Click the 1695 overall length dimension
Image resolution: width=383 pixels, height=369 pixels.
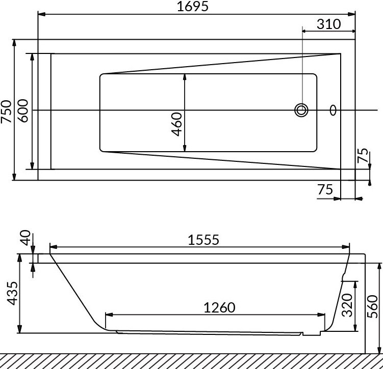tap(192, 7)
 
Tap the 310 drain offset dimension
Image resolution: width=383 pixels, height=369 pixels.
tap(328, 24)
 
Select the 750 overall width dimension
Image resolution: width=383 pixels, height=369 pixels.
tap(6, 111)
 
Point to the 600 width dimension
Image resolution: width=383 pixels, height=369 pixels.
tap(23, 110)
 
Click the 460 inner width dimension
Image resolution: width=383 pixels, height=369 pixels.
tap(176, 124)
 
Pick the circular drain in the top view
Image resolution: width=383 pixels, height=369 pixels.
tap(301, 110)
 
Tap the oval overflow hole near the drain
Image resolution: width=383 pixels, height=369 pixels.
tap(333, 110)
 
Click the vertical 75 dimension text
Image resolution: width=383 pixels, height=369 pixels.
tap(363, 155)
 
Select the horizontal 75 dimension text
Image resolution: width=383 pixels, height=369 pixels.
tap(325, 189)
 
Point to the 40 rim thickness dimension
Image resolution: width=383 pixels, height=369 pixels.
tap(25, 238)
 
